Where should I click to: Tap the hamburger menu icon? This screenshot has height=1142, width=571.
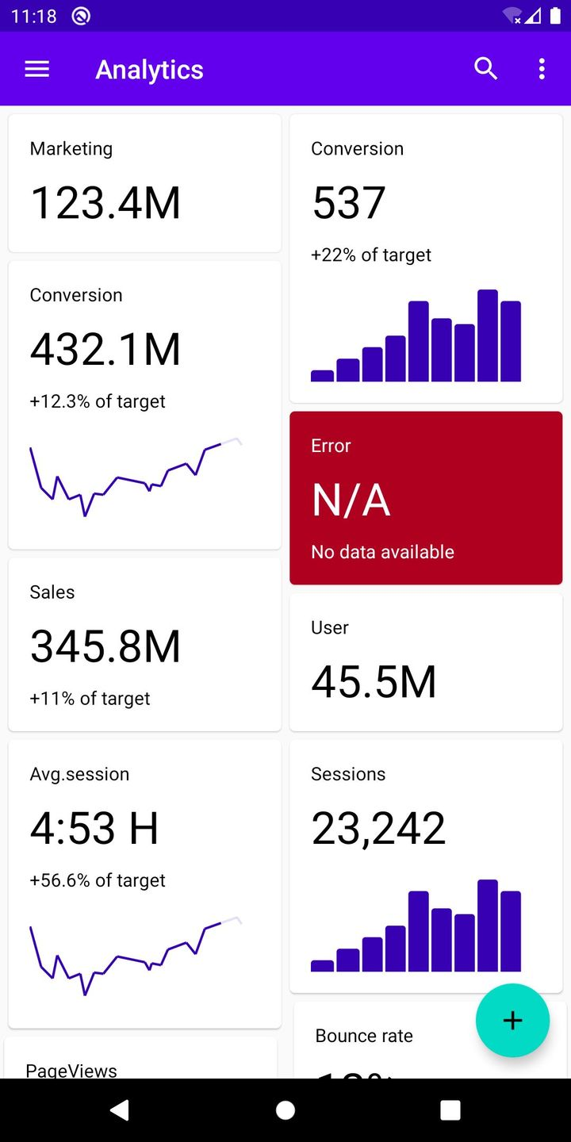[37, 69]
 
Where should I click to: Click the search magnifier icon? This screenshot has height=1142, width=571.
[485, 69]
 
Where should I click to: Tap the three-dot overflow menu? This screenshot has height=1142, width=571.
[542, 69]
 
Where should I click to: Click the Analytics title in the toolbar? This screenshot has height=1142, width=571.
[149, 70]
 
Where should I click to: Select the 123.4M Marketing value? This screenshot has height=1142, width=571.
[105, 202]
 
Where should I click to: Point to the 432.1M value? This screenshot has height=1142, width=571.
[105, 349]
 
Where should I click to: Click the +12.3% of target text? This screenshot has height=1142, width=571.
[98, 401]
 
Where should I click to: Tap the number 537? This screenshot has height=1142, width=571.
[349, 202]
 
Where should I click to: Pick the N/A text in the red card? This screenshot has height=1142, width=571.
[351, 500]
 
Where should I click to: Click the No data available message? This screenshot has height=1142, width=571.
[382, 552]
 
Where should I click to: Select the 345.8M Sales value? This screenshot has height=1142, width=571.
[105, 646]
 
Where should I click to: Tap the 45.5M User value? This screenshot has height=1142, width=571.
[374, 682]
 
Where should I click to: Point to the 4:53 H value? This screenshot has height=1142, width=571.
[94, 829]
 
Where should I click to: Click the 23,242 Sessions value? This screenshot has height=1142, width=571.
[378, 829]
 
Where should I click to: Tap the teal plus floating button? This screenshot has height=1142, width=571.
[512, 1021]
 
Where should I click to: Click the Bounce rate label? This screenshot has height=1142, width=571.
[364, 1036]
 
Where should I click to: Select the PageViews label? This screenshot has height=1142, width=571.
[71, 1070]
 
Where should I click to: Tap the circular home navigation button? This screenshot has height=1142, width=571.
[285, 1110]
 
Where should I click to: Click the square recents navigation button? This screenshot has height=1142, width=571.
[450, 1110]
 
